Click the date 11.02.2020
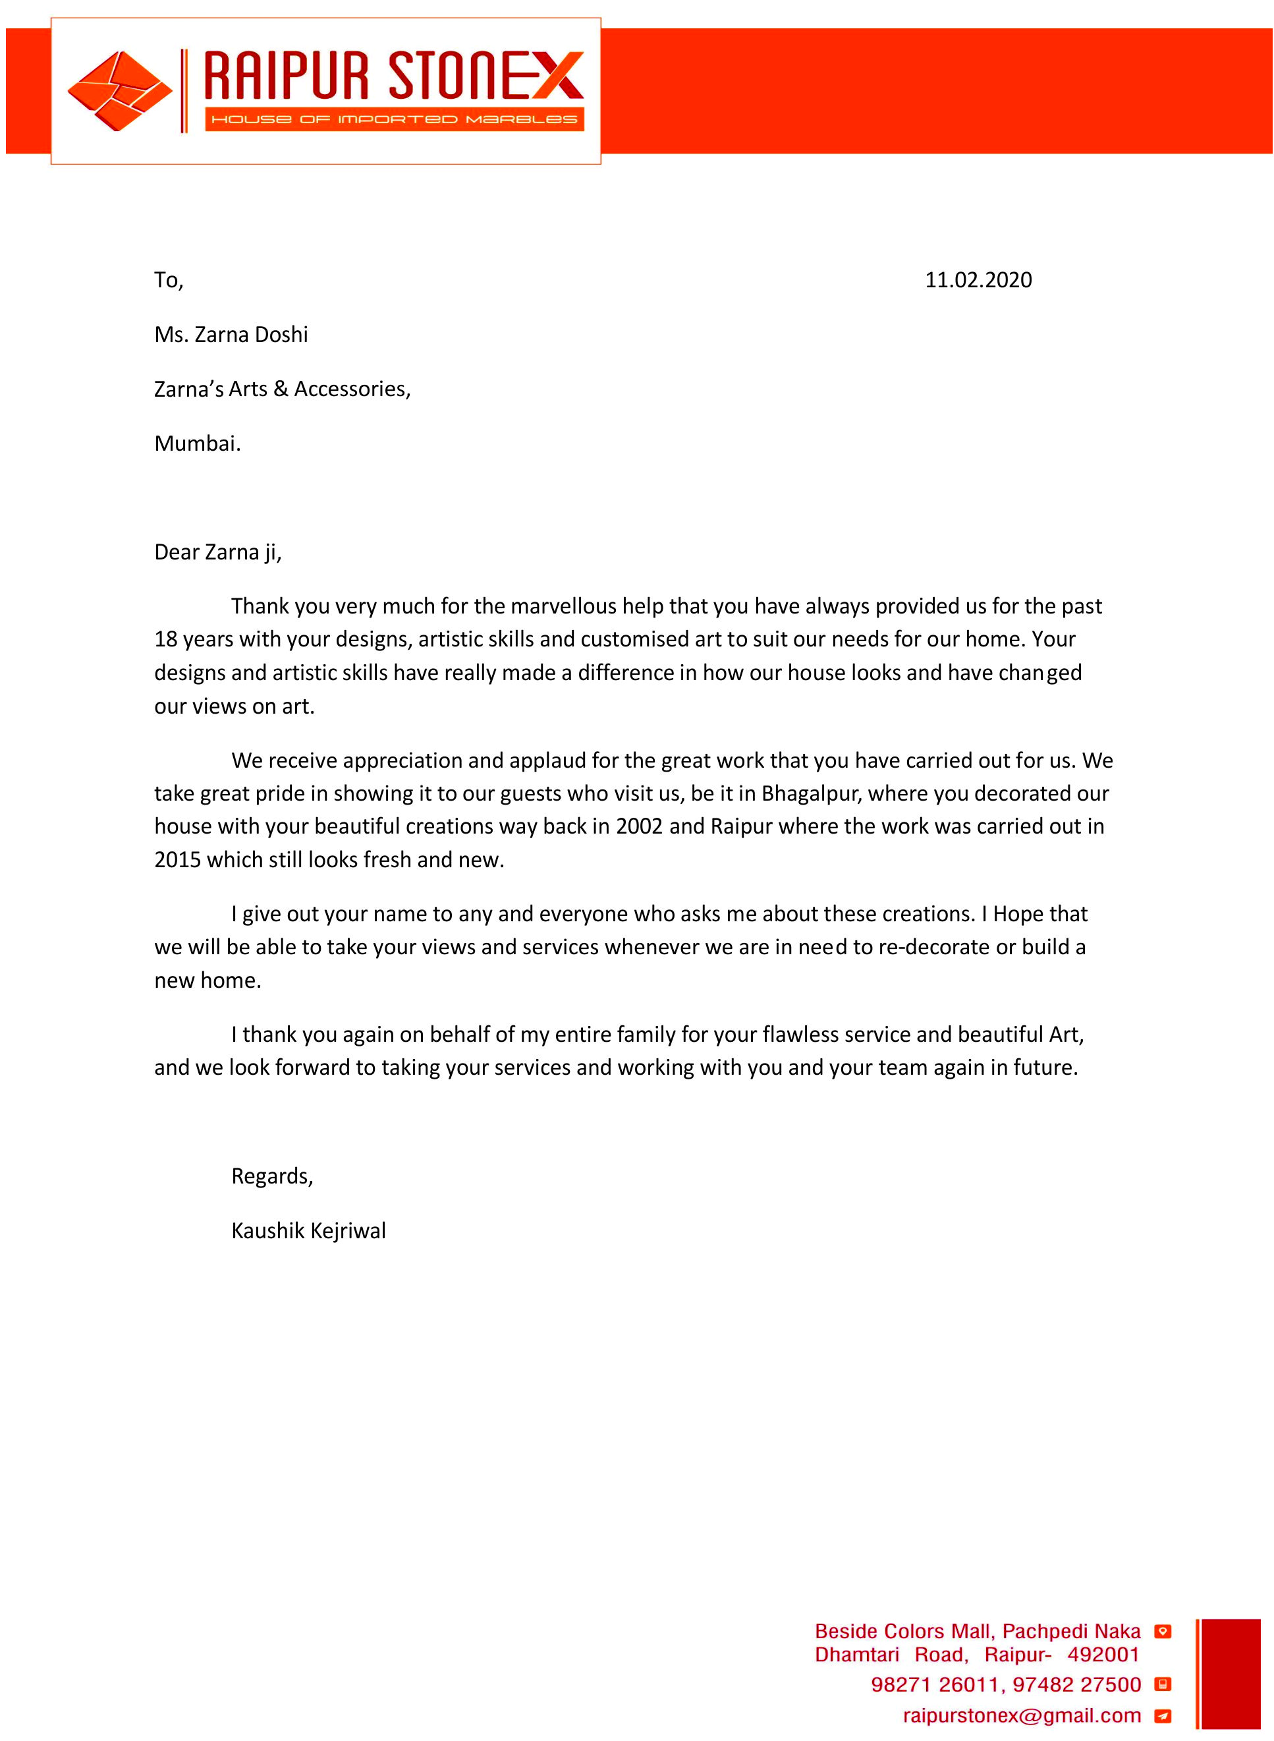pos(978,280)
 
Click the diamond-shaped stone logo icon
pos(119,91)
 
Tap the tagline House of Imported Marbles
pos(394,119)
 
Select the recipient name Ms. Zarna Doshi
pos(231,335)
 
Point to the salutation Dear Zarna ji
pos(217,552)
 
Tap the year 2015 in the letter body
pos(177,860)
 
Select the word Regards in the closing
pos(271,1176)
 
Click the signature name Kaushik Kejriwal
pos(308,1231)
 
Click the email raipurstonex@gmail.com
pos(1022,1715)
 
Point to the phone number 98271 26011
pos(936,1685)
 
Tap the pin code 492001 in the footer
pos(1103,1655)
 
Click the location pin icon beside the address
pos(1162,1632)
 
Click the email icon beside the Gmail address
pos(1162,1717)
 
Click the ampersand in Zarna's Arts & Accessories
pos(281,389)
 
